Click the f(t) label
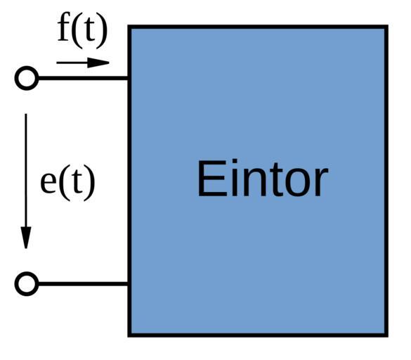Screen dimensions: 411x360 (x=83, y=30)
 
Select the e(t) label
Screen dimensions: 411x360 (x=67, y=182)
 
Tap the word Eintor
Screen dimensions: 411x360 (x=263, y=178)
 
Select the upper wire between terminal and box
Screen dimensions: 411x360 (x=83, y=78)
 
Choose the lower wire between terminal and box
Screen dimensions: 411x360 (x=83, y=284)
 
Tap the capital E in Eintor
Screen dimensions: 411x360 (x=212, y=178)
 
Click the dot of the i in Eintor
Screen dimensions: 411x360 (x=235, y=162)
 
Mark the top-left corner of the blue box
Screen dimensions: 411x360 (x=129, y=27)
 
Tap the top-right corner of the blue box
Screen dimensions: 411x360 (x=386, y=27)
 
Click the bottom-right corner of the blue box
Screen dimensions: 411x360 (x=386, y=335)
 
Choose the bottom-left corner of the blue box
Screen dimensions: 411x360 (x=129, y=335)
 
